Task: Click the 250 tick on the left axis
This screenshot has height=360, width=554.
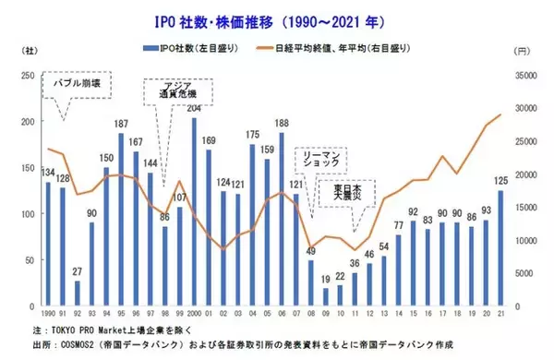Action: (26, 76)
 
